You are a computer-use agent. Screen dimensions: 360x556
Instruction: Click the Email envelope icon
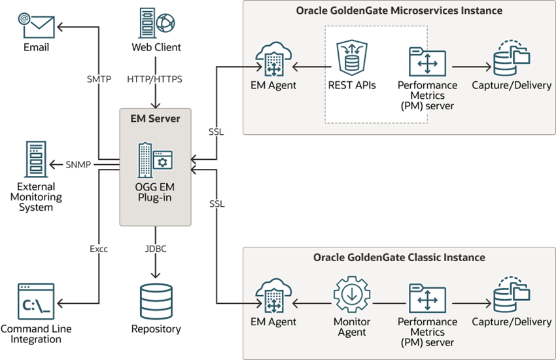36,24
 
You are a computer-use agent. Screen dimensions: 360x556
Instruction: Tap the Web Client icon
156,22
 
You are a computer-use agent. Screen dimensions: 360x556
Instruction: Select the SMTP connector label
99,79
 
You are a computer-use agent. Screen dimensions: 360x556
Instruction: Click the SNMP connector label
78,164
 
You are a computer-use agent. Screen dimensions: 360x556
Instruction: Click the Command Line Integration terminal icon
36,301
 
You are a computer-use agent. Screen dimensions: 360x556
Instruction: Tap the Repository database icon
156,300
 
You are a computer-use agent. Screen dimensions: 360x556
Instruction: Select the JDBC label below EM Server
156,249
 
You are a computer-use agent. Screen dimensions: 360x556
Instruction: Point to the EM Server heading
155,118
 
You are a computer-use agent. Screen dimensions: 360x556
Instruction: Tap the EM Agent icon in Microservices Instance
273,60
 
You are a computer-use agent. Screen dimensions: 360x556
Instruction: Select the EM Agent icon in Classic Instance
273,296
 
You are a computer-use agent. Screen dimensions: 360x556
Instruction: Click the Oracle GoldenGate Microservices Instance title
399,11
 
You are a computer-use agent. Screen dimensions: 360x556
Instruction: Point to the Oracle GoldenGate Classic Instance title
399,257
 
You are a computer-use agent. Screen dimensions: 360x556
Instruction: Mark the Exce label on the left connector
99,249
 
